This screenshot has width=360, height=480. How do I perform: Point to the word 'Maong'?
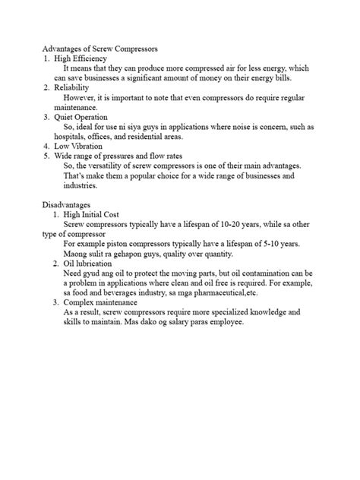click(77, 253)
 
